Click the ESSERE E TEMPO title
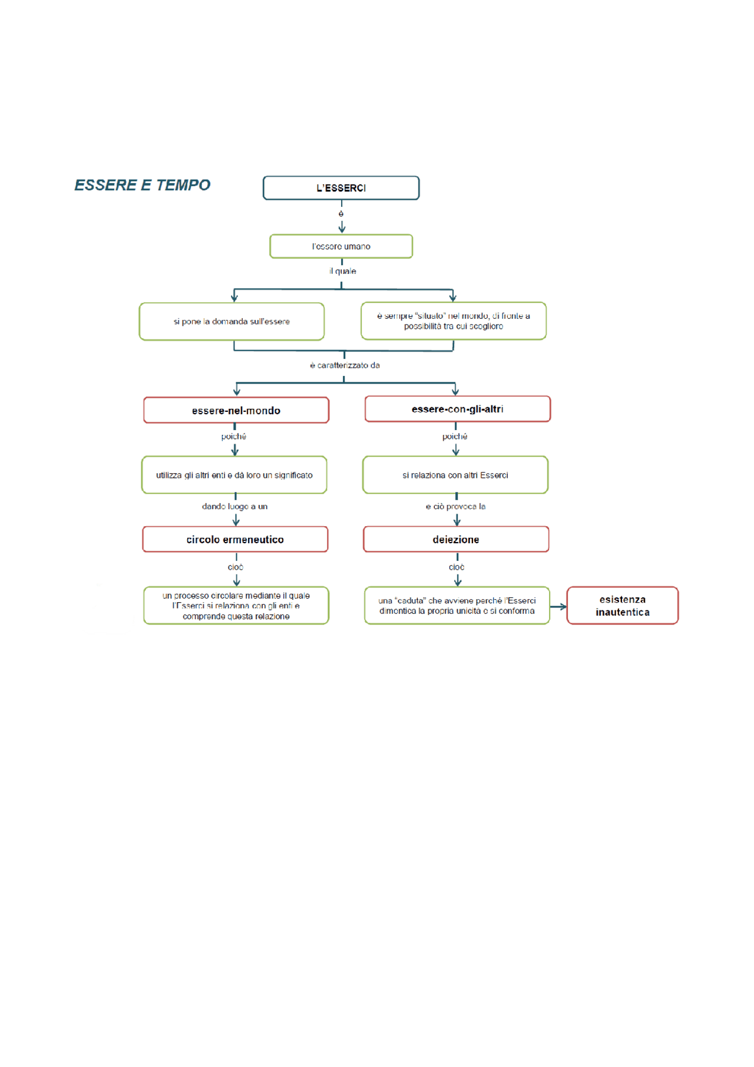pyautogui.click(x=142, y=185)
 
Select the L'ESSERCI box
pyautogui.click(x=341, y=188)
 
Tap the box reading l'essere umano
pyautogui.click(x=341, y=246)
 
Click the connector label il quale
pyautogui.click(x=343, y=271)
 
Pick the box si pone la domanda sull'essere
pyautogui.click(x=232, y=322)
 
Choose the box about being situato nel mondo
pyautogui.click(x=454, y=321)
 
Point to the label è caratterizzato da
pyautogui.click(x=345, y=365)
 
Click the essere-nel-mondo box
pyautogui.click(x=236, y=410)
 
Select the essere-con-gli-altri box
pyautogui.click(x=458, y=409)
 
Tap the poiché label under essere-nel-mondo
pyautogui.click(x=234, y=437)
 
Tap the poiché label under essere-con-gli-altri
pyautogui.click(x=455, y=437)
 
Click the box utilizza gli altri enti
pyautogui.click(x=234, y=475)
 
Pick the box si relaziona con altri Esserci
pyautogui.click(x=455, y=475)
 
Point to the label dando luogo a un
pyautogui.click(x=234, y=506)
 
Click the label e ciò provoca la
pyautogui.click(x=455, y=506)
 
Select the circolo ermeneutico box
pyautogui.click(x=235, y=539)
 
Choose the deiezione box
pyautogui.click(x=456, y=539)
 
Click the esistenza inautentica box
pyautogui.click(x=623, y=606)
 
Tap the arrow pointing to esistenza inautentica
pyautogui.click(x=558, y=606)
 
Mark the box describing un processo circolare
pyautogui.click(x=236, y=606)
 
